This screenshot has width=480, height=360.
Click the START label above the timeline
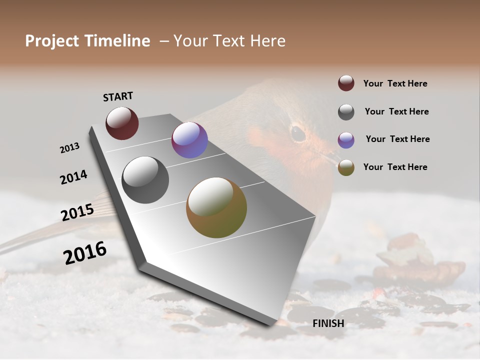(x=118, y=96)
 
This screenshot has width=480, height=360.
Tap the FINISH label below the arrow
(x=328, y=323)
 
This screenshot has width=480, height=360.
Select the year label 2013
(x=69, y=148)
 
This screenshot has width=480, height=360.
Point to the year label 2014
(x=73, y=177)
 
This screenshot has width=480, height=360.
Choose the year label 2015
(x=77, y=212)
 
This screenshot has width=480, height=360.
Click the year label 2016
(x=85, y=253)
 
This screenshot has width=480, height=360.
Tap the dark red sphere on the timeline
(x=122, y=123)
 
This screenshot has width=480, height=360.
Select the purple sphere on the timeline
(x=189, y=140)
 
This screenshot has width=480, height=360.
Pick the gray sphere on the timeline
(x=145, y=180)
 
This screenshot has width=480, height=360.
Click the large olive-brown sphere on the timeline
(x=216, y=207)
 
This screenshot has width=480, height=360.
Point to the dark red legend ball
(x=346, y=83)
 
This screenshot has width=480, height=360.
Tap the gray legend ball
(x=346, y=112)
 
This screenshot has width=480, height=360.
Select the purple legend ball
(x=346, y=140)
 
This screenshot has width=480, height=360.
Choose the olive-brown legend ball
(x=346, y=168)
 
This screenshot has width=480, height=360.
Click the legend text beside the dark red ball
(x=395, y=83)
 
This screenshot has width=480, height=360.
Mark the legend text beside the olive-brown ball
(x=395, y=167)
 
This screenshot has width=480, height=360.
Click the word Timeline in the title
(x=117, y=41)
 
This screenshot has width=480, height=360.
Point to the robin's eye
(x=298, y=133)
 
